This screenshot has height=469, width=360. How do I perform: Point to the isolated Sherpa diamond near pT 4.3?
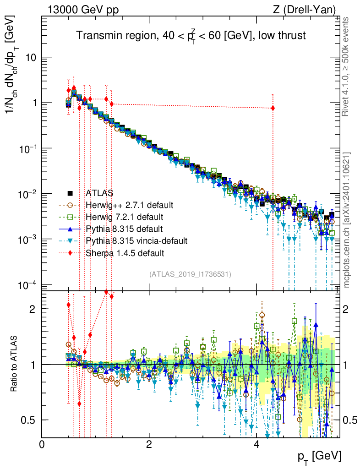tap(273, 108)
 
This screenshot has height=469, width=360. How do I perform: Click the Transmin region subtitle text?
tap(191, 36)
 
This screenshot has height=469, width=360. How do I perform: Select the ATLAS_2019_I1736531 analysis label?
tap(190, 274)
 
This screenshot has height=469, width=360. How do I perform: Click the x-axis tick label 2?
tap(149, 444)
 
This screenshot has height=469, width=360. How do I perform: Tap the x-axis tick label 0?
tap(42, 444)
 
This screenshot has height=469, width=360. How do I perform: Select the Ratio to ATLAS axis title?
tap(15, 365)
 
